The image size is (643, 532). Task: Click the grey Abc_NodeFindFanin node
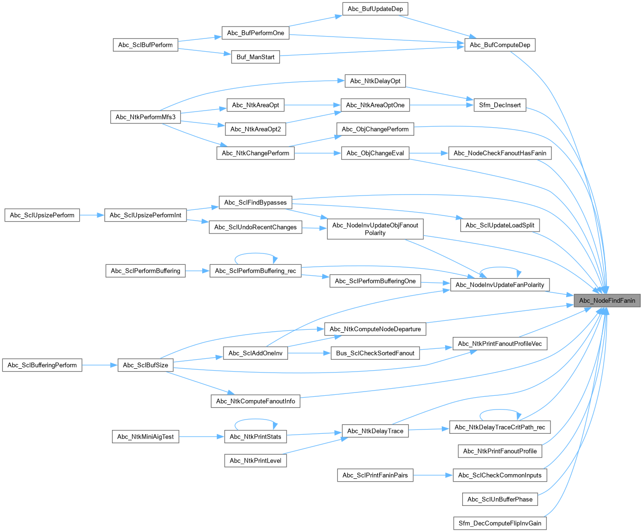pos(607,300)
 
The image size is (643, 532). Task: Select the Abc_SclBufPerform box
pos(145,45)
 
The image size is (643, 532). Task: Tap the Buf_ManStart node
pos(255,57)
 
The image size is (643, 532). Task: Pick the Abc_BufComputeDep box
pos(500,45)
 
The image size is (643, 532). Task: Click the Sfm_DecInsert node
pos(500,105)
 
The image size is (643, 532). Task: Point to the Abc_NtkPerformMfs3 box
pos(145,117)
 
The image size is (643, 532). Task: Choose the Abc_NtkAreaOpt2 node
pos(255,129)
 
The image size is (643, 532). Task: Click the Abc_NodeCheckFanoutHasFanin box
pos(500,153)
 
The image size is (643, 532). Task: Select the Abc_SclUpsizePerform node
pos(42,215)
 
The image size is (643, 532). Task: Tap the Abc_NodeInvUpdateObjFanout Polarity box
pos(375,229)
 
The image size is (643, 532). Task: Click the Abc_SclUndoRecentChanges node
pos(255,227)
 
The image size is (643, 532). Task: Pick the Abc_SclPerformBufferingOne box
pos(375,281)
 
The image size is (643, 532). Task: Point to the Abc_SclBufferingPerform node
pos(42,365)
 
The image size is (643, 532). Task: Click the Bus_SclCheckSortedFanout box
pos(375,353)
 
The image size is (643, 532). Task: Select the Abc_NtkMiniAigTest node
pos(145,437)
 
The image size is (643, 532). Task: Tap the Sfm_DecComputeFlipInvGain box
pos(500,523)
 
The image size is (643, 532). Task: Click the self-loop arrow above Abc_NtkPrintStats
pos(255,420)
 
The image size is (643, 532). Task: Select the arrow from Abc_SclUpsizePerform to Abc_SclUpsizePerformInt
pos(92,215)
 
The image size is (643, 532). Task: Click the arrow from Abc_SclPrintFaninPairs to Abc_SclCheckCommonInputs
pos(433,475)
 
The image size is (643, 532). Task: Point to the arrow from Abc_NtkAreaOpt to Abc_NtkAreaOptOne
pos(312,105)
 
